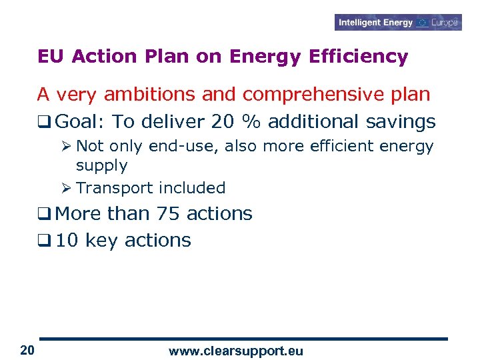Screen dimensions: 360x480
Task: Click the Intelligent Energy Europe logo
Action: pyautogui.click(x=398, y=23)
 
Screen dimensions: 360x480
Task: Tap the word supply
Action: pyautogui.click(x=101, y=165)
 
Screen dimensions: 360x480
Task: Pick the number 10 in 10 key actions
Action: pyautogui.click(x=67, y=241)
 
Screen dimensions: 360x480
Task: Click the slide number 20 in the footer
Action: pyautogui.click(x=27, y=350)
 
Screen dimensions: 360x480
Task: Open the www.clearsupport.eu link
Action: pyautogui.click(x=235, y=351)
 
